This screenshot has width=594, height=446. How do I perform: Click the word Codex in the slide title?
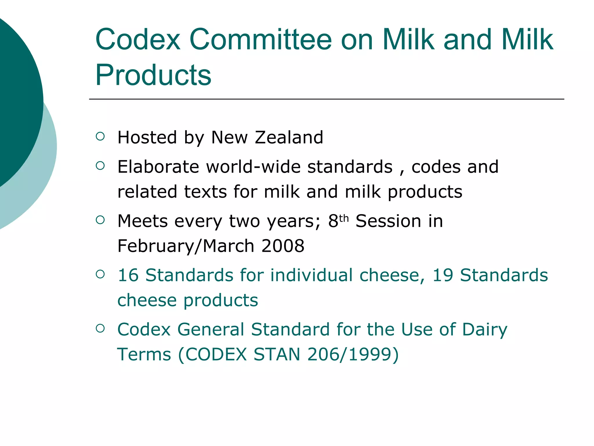point(138,40)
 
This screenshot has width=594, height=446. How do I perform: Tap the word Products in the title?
point(153,75)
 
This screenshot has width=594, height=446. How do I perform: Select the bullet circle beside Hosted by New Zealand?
point(100,136)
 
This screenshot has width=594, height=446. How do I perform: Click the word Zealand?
point(289,137)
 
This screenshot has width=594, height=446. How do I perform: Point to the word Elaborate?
point(158,167)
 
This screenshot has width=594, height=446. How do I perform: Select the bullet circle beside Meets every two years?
point(100,220)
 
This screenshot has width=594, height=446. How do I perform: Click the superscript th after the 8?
point(344,218)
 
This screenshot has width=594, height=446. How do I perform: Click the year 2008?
point(283,246)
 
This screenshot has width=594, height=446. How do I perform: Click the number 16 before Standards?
point(128,275)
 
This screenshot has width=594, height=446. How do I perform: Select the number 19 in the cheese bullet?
point(443,275)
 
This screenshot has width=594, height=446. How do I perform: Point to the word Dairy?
point(484,330)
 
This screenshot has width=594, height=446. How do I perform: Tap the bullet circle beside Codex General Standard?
point(100,328)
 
